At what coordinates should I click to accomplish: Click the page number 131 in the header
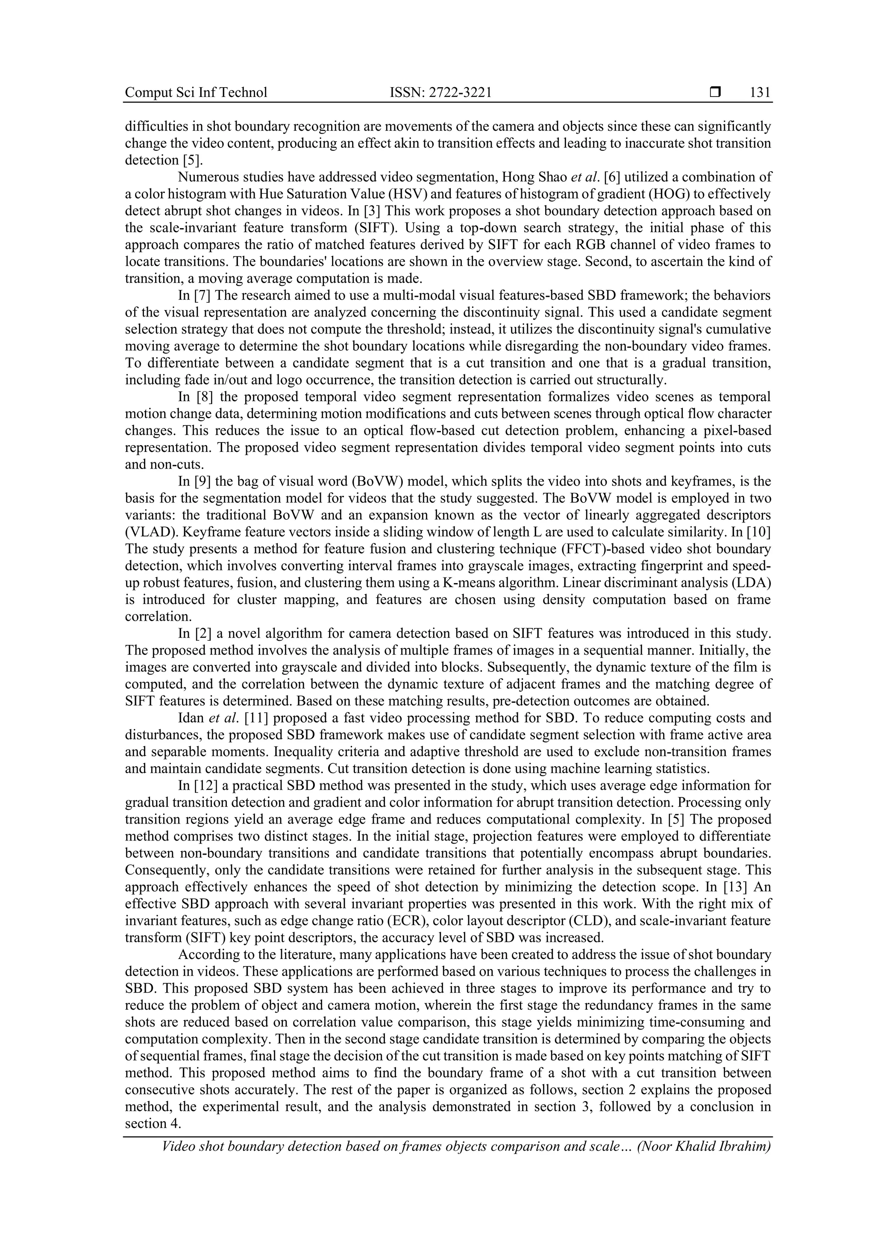[760, 93]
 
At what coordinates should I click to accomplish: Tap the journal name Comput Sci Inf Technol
[196, 93]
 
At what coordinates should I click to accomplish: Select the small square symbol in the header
[715, 92]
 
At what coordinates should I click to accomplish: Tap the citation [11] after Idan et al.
[258, 718]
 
